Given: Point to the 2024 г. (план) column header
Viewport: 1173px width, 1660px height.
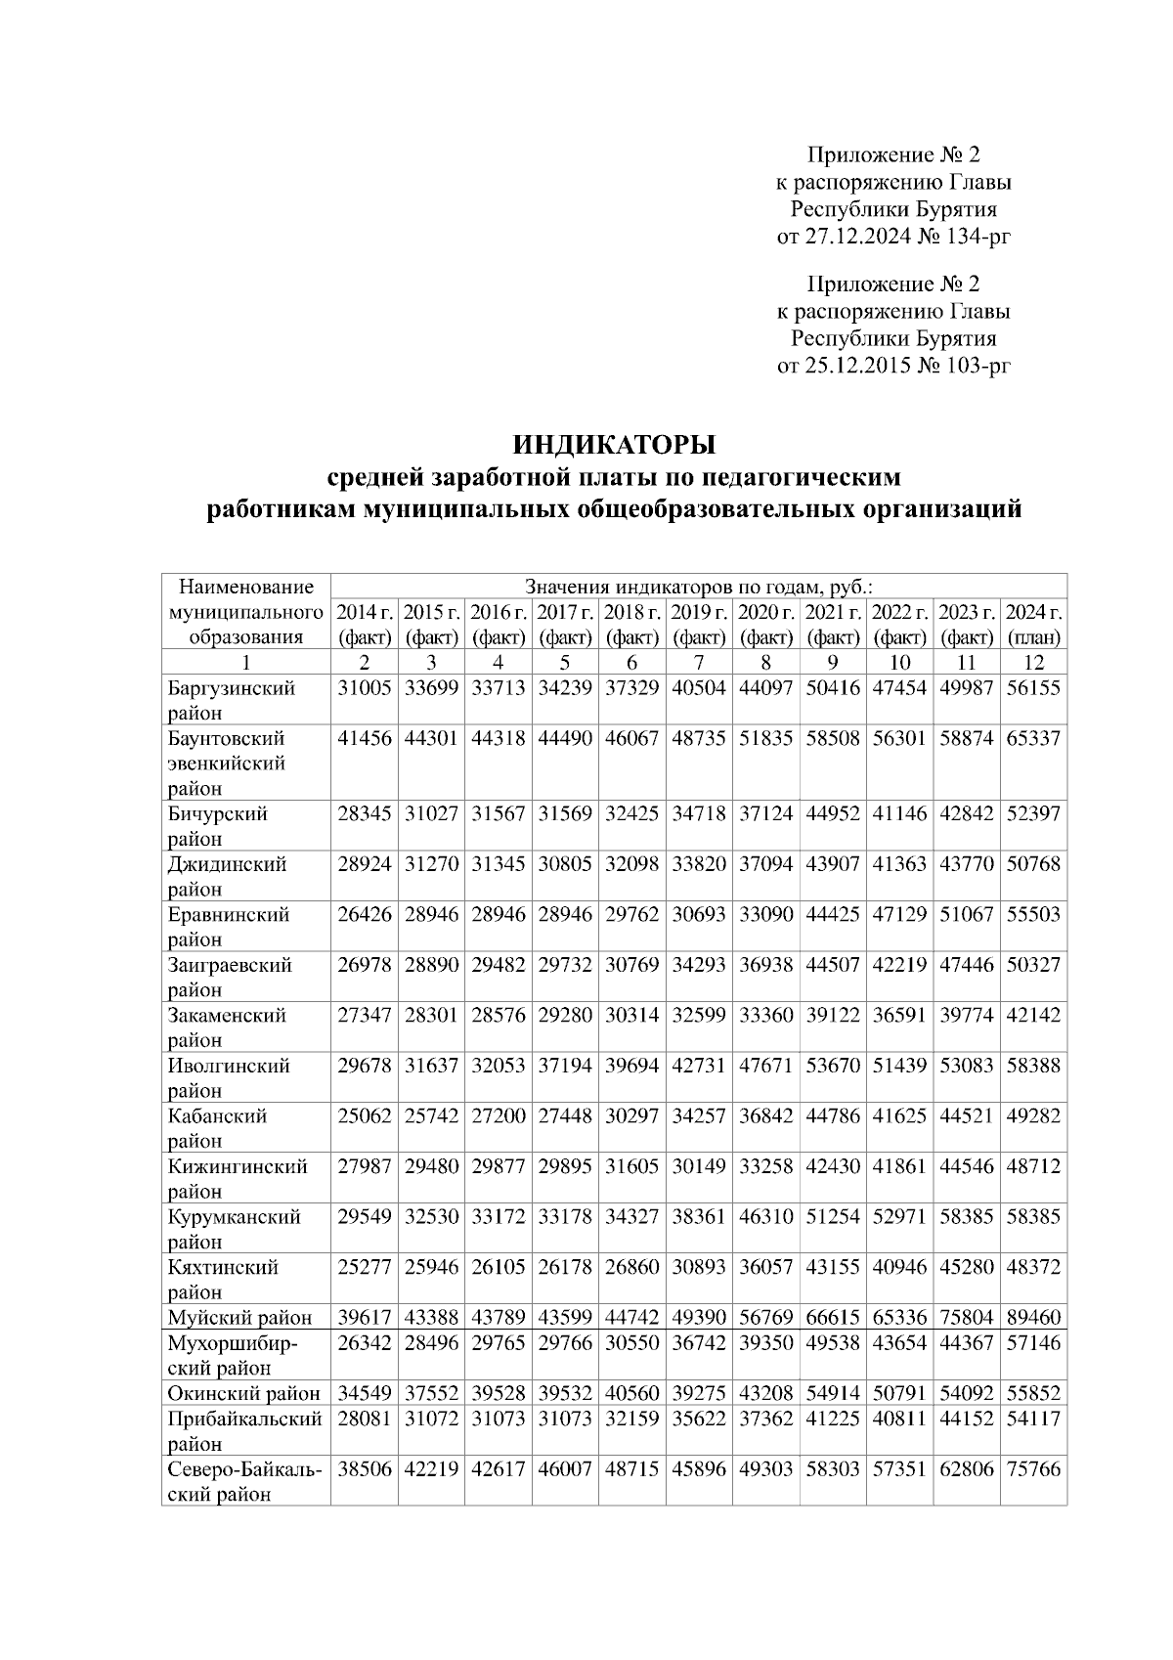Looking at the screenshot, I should pyautogui.click(x=1033, y=625).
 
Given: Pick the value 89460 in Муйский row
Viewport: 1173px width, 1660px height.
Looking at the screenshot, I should pyautogui.click(x=1033, y=1318).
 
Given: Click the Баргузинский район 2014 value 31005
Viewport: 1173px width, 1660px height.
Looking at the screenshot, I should pyautogui.click(x=365, y=688).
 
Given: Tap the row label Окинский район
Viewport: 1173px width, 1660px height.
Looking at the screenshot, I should pyautogui.click(x=243, y=1393).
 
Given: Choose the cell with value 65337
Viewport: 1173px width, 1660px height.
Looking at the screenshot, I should pyautogui.click(x=1033, y=738).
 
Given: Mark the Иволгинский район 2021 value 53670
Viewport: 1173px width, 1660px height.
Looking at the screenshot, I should pyautogui.click(x=833, y=1066).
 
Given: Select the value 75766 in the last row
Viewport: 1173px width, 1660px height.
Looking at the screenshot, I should pyautogui.click(x=1033, y=1469).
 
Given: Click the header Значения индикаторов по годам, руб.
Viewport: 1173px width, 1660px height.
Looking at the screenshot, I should pyautogui.click(x=699, y=588).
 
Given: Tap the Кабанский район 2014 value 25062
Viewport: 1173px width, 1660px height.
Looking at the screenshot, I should pyautogui.click(x=365, y=1116).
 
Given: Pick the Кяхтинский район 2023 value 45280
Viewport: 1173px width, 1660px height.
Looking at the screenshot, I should pyautogui.click(x=967, y=1268).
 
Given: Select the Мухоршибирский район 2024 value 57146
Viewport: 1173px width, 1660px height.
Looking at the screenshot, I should pyautogui.click(x=1033, y=1343).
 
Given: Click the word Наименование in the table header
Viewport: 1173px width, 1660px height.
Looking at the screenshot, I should pyautogui.click(x=246, y=588).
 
